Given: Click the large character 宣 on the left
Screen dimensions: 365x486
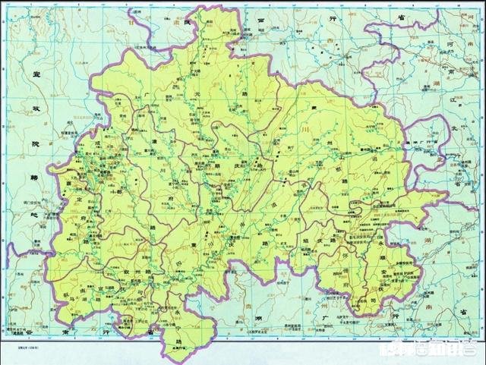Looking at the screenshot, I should (34, 75).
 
